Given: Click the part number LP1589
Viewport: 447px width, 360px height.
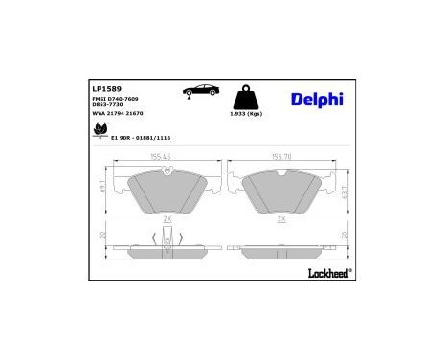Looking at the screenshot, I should pyautogui.click(x=106, y=87).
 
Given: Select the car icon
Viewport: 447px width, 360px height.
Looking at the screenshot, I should pyautogui.click(x=198, y=91).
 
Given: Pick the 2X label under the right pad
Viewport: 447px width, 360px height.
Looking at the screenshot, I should pyautogui.click(x=281, y=219).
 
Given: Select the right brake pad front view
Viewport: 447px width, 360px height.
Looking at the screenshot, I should pyautogui.click(x=282, y=191).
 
